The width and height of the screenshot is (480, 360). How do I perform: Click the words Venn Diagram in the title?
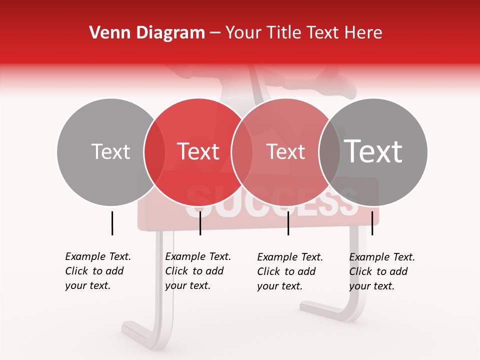(147, 33)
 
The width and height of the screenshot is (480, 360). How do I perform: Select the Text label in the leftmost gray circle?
(110, 151)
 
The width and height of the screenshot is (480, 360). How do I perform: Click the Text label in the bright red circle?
(198, 151)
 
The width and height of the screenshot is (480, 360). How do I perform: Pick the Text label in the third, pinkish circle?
(285, 151)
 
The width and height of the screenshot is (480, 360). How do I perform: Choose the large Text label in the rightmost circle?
(373, 151)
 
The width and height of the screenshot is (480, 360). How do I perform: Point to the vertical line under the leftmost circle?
(112, 223)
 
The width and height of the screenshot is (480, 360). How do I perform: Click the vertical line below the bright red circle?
(200, 223)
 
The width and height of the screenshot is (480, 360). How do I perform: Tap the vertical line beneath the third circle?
(288, 223)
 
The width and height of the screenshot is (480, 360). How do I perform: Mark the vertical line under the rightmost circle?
(372, 223)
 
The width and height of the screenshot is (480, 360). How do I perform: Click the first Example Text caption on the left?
(97, 271)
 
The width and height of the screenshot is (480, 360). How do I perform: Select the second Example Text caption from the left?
(197, 271)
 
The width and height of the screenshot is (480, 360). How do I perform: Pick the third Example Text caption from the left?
(289, 271)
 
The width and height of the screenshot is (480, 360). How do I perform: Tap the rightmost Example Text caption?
(381, 271)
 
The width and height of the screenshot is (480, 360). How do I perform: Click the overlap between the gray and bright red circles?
(154, 151)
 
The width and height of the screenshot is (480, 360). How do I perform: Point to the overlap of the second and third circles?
(242, 151)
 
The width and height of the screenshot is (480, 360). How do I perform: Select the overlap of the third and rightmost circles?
(329, 151)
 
